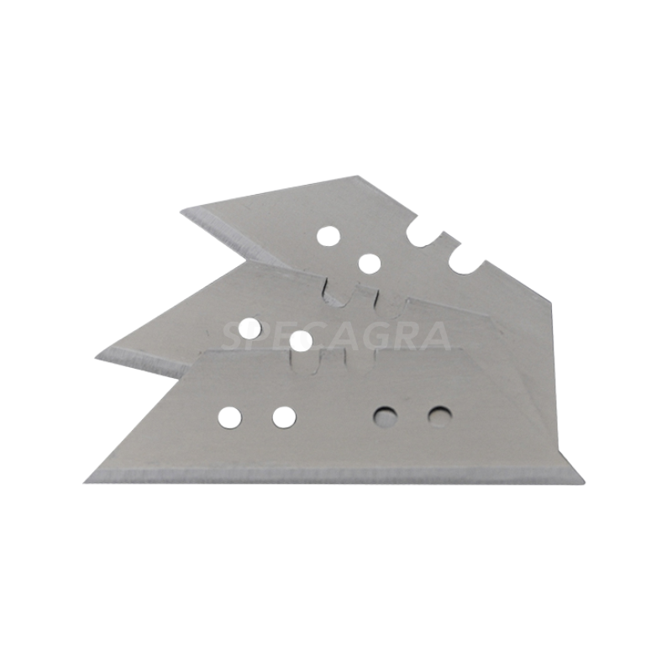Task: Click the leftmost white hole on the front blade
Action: tap(229, 417)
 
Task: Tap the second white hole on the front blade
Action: tap(284, 417)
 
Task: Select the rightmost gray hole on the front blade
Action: tap(439, 416)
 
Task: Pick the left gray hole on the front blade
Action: tap(386, 416)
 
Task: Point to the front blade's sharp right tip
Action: tap(585, 480)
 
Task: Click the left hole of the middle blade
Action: tap(250, 328)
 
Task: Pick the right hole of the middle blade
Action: tap(301, 342)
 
